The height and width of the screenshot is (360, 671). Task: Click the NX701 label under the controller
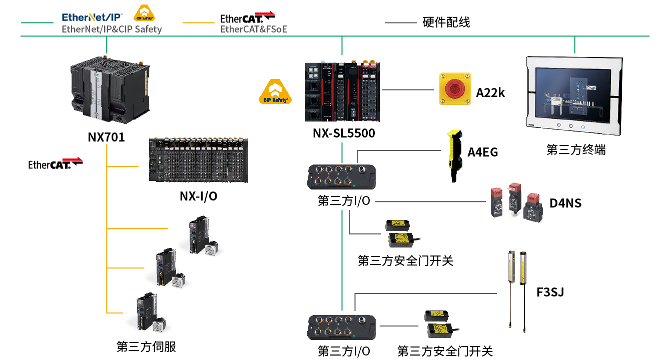click(x=106, y=136)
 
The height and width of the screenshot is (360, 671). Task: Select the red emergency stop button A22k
click(x=455, y=89)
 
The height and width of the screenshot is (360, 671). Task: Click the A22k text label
click(x=490, y=92)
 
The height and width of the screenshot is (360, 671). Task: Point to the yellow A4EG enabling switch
click(x=454, y=155)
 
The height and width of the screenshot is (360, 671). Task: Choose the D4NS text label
click(x=565, y=203)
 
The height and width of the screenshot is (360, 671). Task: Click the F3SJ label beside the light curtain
click(x=550, y=292)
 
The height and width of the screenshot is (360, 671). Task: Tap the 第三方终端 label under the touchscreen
click(x=576, y=149)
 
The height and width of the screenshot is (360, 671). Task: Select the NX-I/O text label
click(x=198, y=196)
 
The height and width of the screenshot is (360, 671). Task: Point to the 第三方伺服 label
click(x=146, y=346)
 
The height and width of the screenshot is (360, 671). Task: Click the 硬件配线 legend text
click(x=446, y=22)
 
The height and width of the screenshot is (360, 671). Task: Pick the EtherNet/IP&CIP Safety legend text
click(x=112, y=29)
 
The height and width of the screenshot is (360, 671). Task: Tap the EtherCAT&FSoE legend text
click(x=254, y=29)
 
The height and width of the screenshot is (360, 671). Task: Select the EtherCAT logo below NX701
click(x=55, y=163)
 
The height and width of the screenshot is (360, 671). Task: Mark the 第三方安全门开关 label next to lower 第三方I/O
click(x=445, y=351)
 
